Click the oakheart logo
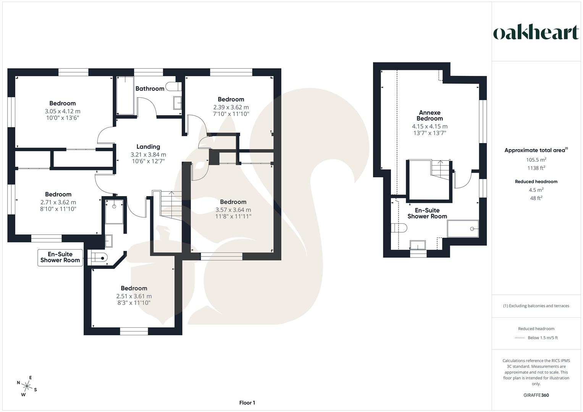[x=536, y=33]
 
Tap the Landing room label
[x=148, y=147]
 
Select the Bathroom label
[x=150, y=89]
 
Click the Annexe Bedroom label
[x=430, y=116]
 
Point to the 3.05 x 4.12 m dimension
[x=63, y=111]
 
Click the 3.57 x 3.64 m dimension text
[x=233, y=210]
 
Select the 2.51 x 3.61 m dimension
[x=134, y=296]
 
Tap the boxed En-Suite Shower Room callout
[x=60, y=257]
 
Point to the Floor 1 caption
[x=247, y=403]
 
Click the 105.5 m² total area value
[x=536, y=160]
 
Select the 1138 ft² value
[x=536, y=168]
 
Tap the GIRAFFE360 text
[x=536, y=395]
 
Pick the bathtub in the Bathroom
[x=125, y=95]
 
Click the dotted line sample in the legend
[x=520, y=338]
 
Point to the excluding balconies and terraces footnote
[x=536, y=306]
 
